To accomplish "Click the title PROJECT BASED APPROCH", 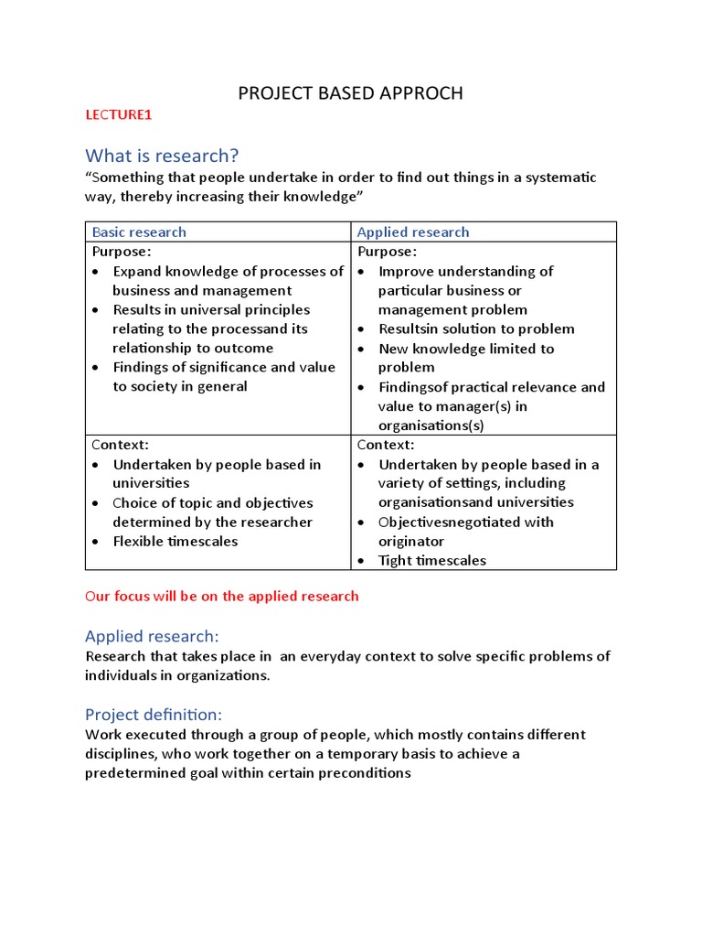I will pos(350,93).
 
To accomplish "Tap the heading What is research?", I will pos(162,155).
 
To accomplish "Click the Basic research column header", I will pos(139,232).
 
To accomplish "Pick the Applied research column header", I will pos(413,232).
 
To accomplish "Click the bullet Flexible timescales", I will pos(175,541).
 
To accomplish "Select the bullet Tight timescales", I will pos(431,560).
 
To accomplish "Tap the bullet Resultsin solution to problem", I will pos(476,328).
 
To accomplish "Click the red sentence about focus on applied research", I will pos(222,596).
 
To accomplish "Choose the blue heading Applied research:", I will pos(152,636).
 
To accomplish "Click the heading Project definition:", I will pos(154,715).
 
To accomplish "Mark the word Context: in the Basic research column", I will pos(120,445).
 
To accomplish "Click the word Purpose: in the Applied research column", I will pos(387,252).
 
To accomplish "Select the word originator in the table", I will pos(411,541).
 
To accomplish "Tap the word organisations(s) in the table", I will pos(431,425).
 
